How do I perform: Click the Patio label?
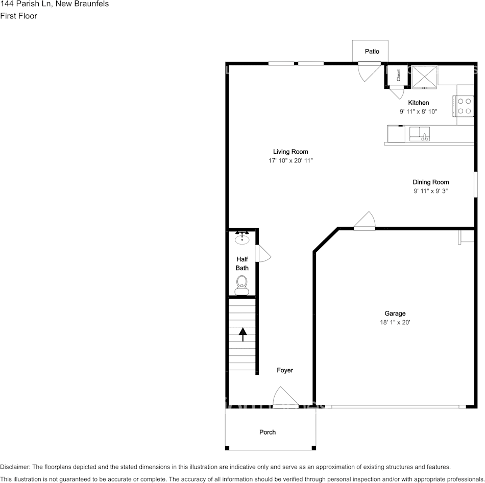pos(372,52)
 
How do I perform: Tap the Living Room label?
pos(290,152)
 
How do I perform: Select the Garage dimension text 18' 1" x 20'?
pos(395,323)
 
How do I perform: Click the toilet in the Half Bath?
pos(242,284)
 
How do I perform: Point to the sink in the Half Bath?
pos(242,238)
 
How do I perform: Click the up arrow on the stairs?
pos(243,334)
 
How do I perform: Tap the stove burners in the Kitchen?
pos(464,106)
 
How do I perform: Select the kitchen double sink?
pos(420,134)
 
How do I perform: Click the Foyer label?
pos(285,370)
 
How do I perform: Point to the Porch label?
pos(268,432)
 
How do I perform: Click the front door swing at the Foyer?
pos(284,398)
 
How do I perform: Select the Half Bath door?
pos(263,254)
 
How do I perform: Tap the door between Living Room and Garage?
pos(365,221)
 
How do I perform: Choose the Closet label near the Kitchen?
pos(398,75)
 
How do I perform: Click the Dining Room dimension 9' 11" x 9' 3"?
pos(430,191)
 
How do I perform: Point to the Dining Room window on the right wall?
pos(475,184)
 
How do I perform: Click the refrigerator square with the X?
pos(425,76)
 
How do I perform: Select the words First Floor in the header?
pos(18,16)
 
